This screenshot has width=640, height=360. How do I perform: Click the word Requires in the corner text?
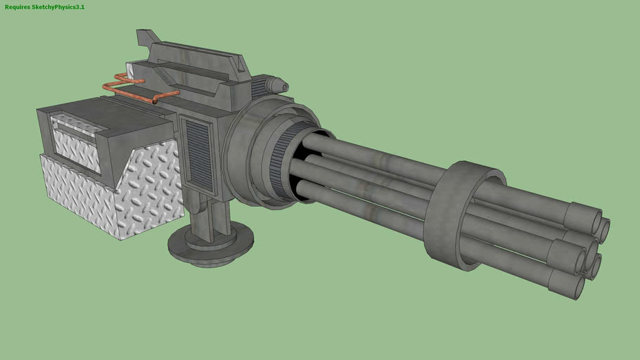click(18, 6)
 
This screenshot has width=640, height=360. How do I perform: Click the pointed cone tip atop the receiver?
click(283, 85)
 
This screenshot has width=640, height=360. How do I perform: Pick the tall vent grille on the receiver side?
click(196, 157)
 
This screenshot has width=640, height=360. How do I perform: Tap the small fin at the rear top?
click(148, 36)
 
